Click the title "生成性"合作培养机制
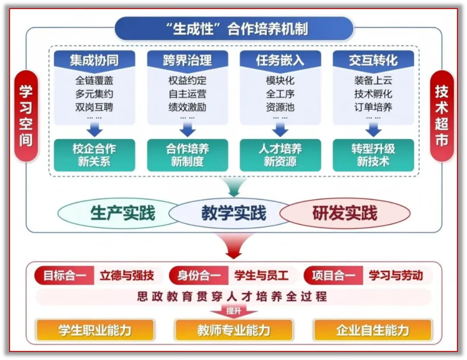(x=233, y=29)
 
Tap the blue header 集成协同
(x=94, y=60)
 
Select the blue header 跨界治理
(x=187, y=60)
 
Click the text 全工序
(x=280, y=94)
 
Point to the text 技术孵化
(x=373, y=94)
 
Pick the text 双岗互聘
(x=94, y=107)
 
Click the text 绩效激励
(x=187, y=107)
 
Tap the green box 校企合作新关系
(x=94, y=155)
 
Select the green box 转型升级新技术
(x=373, y=155)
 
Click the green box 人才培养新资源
(x=280, y=155)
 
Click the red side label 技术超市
(x=441, y=116)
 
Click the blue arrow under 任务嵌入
(x=280, y=129)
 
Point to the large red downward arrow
(x=233, y=245)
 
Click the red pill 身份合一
(x=198, y=276)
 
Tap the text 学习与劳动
(x=396, y=276)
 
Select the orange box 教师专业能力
(x=233, y=331)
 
